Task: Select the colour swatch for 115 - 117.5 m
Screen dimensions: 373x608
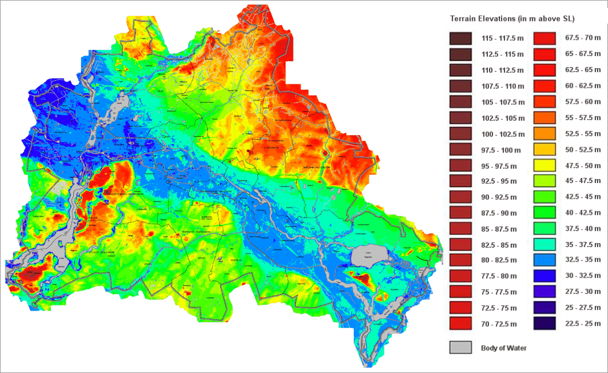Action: [459, 39]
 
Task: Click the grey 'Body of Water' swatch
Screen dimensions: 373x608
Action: [459, 348]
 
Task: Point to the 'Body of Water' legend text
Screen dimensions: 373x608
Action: [503, 348]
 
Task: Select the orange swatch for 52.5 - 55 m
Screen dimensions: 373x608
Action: [543, 133]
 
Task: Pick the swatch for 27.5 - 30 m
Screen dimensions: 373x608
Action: [543, 292]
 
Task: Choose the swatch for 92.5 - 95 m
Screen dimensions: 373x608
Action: [459, 181]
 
